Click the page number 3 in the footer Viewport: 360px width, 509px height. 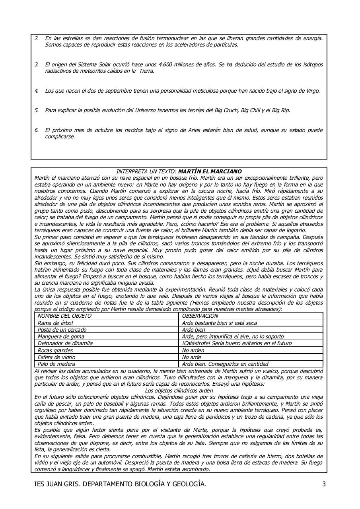click(324, 484)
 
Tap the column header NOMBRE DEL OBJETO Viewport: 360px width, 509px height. click(64, 316)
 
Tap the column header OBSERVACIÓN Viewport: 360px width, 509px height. click(200, 316)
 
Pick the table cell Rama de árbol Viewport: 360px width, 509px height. click(55, 323)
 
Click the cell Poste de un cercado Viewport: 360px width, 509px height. click(62, 330)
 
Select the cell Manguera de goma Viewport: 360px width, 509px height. click(61, 336)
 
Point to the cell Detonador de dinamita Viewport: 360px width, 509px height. click(65, 343)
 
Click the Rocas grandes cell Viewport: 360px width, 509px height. click(55, 350)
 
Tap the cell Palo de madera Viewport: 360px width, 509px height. click(56, 364)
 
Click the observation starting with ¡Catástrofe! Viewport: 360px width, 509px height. click(237, 343)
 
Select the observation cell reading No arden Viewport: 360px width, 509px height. click(193, 350)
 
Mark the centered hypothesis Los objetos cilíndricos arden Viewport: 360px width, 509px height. click(179, 390)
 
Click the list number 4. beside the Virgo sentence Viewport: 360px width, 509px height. click(37, 91)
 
